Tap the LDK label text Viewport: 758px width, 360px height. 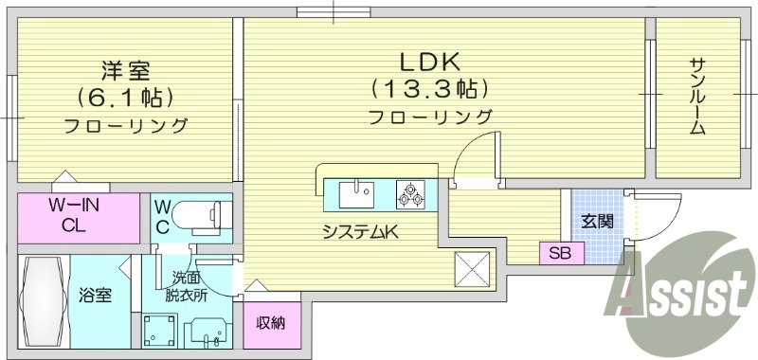tap(428, 63)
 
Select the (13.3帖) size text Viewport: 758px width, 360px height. tap(429, 90)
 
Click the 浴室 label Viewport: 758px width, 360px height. tap(96, 295)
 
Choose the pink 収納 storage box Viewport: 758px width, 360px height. tap(271, 323)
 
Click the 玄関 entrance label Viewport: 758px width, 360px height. tap(597, 222)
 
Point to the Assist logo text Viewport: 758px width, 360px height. tap(681, 294)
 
